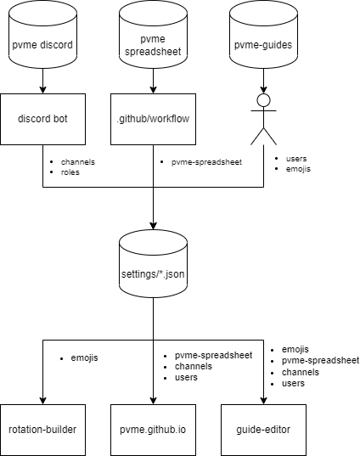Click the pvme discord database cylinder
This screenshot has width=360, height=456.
[42, 34]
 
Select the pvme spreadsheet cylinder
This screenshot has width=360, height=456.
[153, 34]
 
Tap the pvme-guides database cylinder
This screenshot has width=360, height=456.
[263, 34]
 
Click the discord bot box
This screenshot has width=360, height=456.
[42, 119]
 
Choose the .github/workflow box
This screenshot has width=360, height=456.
[153, 119]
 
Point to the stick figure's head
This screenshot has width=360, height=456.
[263, 100]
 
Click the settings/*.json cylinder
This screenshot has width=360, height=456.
[153, 263]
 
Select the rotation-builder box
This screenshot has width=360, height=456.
[42, 430]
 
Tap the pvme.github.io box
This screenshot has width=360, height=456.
[153, 430]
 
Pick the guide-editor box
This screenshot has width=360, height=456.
[263, 430]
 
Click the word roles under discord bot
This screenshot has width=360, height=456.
[70, 172]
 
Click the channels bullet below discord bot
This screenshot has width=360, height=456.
[78, 162]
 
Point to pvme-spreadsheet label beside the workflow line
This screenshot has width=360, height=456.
[206, 162]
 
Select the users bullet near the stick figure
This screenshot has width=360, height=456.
[296, 159]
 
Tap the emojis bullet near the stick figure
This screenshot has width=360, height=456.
[298, 169]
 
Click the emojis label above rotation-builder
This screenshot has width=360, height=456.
[84, 358]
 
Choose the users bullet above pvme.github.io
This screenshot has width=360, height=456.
[186, 378]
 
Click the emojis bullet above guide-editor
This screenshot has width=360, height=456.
[295, 349]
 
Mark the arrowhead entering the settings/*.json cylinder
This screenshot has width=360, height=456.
[153, 226]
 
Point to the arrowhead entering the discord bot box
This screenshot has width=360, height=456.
[42, 90]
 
